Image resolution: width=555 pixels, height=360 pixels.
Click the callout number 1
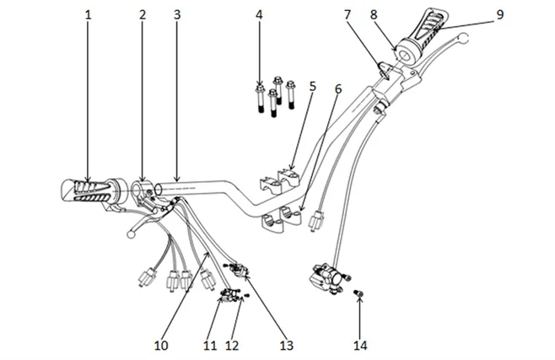point(88,15)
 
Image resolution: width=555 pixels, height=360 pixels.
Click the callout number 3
point(176,15)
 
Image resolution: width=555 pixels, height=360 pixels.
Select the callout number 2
point(143,15)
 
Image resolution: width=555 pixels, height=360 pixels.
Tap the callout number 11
point(209,345)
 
